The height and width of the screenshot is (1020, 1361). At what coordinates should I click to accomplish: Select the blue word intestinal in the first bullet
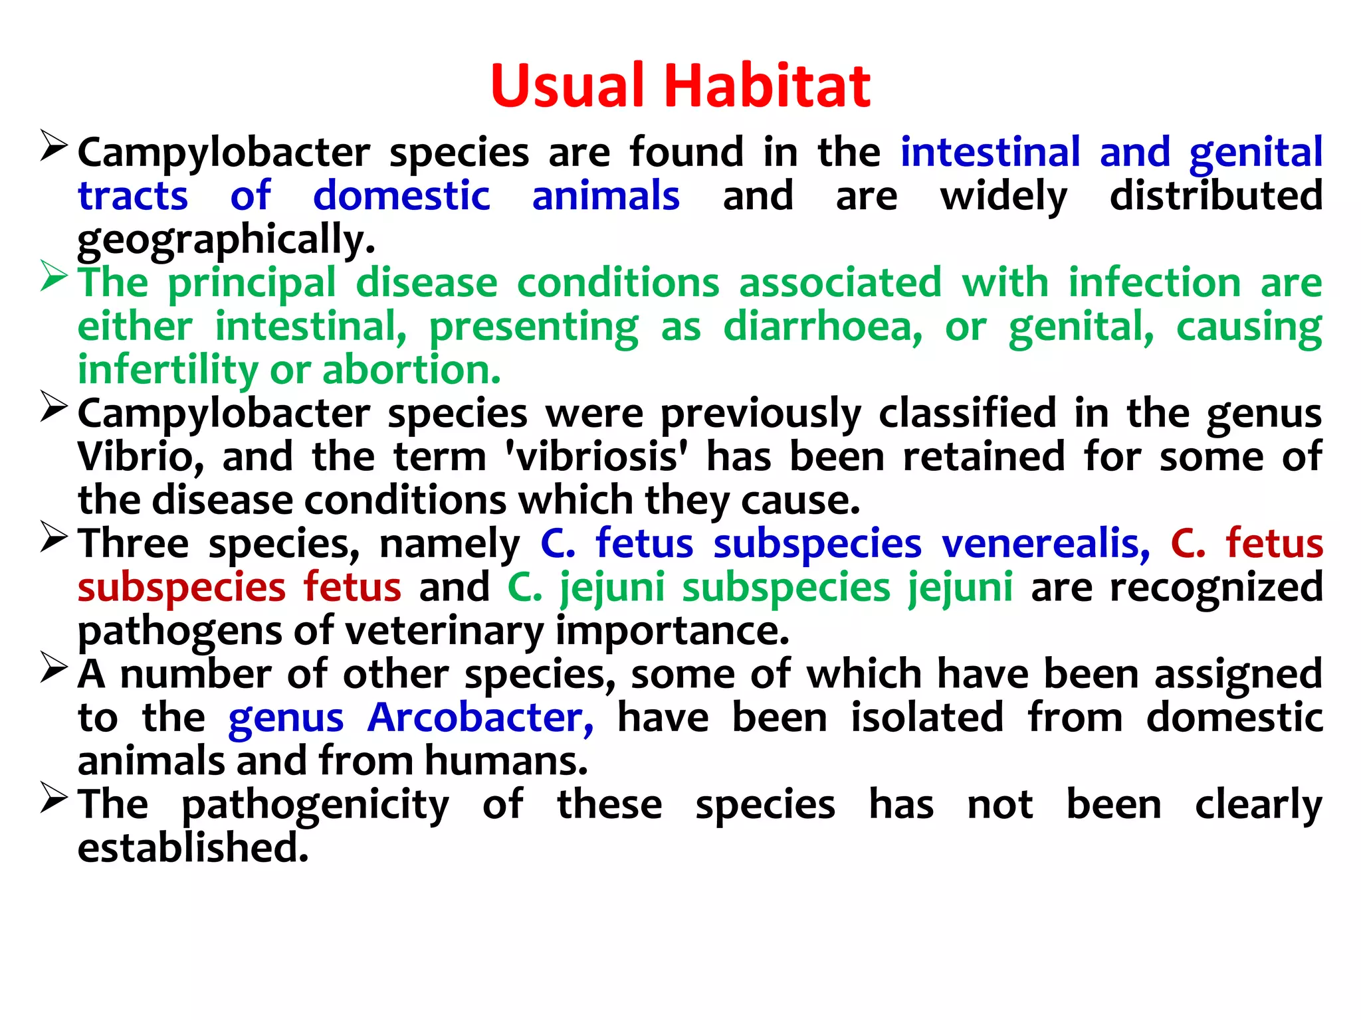tap(990, 152)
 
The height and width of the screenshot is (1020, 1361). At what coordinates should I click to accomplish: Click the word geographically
tap(226, 240)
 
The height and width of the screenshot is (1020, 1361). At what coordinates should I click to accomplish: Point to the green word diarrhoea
tap(823, 327)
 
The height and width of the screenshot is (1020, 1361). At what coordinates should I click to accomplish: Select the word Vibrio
tap(140, 457)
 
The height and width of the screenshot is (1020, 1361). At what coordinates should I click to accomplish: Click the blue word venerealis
tap(1046, 544)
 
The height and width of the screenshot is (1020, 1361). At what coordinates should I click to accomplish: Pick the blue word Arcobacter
tap(480, 718)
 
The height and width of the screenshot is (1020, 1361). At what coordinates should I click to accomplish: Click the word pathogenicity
tap(315, 806)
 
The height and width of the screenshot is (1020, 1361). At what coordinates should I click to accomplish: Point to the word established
tap(193, 848)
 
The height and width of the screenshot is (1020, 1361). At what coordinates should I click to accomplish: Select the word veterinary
tap(444, 631)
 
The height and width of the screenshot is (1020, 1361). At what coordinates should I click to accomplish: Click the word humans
tap(506, 761)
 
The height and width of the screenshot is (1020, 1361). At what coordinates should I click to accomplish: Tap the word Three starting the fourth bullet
tap(134, 544)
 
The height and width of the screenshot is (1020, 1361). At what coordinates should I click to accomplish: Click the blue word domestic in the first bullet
tap(401, 196)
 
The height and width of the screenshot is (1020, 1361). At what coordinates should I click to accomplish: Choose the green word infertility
tap(167, 370)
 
